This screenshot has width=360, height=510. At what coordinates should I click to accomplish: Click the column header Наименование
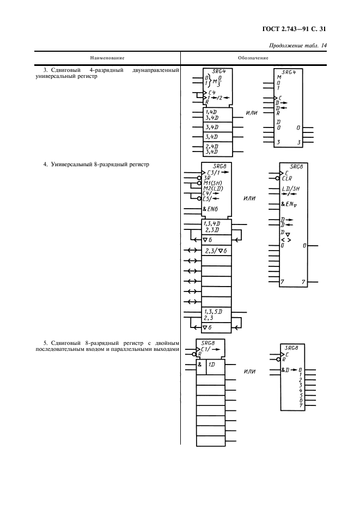point(107,57)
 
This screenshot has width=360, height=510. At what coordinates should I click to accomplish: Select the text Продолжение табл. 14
point(298,46)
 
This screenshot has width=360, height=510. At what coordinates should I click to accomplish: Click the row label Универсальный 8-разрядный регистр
point(99,163)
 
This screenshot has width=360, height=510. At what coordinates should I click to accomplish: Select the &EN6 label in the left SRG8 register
point(211,209)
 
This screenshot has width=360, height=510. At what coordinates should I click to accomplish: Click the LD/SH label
point(291,189)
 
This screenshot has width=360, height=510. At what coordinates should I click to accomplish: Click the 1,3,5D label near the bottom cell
point(213,312)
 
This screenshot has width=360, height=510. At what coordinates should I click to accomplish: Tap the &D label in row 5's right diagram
point(286,371)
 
